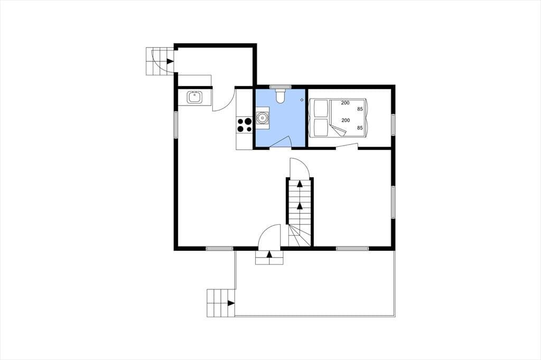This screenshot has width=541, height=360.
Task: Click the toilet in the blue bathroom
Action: click(x=280, y=96)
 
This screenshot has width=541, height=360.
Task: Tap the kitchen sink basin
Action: click(x=194, y=97)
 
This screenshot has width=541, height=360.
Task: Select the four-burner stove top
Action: click(x=245, y=125)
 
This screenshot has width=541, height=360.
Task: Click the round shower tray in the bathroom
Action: click(x=263, y=118)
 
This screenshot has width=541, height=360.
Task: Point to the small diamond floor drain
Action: click(x=302, y=100)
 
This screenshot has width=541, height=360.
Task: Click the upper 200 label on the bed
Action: click(x=345, y=103)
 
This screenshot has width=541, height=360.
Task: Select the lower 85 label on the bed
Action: click(x=360, y=128)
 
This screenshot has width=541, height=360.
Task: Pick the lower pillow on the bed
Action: click(x=320, y=127)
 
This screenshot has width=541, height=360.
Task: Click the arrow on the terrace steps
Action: click(x=231, y=303)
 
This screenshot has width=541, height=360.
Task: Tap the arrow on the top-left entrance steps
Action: click(x=170, y=61)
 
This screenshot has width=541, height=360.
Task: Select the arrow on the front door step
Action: click(x=269, y=254)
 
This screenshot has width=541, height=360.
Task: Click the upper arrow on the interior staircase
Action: click(x=300, y=184)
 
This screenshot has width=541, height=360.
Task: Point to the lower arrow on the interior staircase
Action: click(x=300, y=206)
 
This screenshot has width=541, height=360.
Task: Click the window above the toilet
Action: click(x=280, y=87)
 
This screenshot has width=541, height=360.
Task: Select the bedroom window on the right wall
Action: click(x=393, y=125)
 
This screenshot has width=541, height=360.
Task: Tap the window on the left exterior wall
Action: click(x=176, y=125)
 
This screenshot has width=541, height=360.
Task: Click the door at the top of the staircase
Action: click(x=300, y=168)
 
